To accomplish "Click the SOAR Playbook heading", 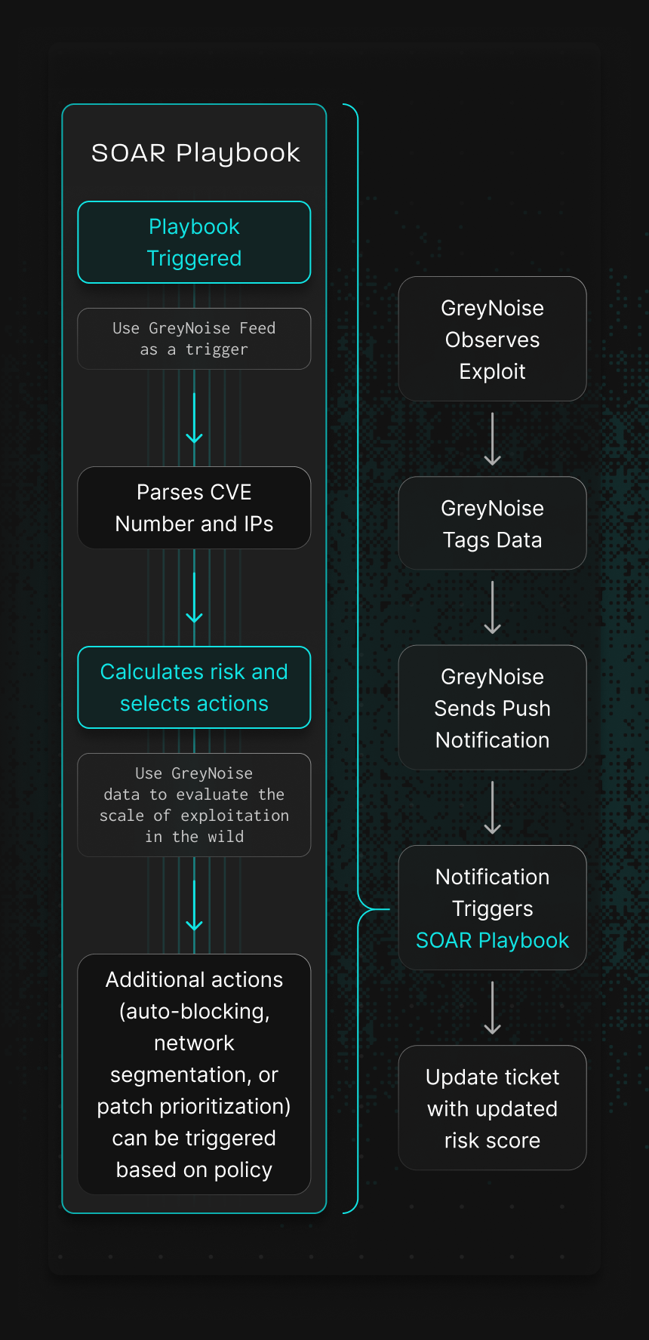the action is coord(195,153).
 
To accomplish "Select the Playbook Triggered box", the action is coord(194,242).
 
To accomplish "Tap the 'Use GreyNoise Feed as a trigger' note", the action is coord(194,339).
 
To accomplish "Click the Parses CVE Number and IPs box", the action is coord(194,508).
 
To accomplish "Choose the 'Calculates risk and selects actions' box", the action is coord(194,687).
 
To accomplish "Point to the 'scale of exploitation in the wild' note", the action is coord(194,805).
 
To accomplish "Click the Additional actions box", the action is coord(194,1074).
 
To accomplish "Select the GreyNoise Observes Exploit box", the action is coord(492,339).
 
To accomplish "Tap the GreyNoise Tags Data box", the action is coord(492,523).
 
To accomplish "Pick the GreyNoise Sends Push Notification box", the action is coord(492,708).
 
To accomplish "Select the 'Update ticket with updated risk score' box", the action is coord(492,1108).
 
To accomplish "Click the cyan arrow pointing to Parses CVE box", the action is coord(194,419).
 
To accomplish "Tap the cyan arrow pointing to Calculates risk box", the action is coord(194,598).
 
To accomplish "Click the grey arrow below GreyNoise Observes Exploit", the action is coord(492,439).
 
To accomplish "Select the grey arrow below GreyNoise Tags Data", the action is coord(492,607).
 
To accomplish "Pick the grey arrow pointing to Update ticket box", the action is coord(492,1008).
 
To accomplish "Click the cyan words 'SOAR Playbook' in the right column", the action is coord(492,940).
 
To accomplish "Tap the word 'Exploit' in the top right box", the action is coord(492,371).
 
